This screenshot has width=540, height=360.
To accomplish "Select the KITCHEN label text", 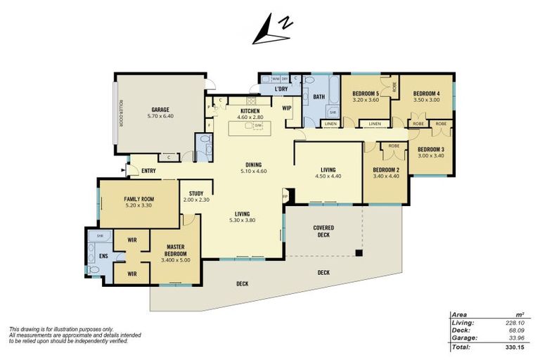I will [x=250, y=111].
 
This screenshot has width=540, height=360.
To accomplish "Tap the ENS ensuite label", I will [x=103, y=256].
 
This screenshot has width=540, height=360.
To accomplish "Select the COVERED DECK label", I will [x=323, y=231].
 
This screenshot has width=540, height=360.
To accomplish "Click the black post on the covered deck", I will [x=359, y=253].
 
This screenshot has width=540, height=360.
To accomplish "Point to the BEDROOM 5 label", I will [x=366, y=94].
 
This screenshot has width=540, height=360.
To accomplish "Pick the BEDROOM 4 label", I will [x=426, y=94].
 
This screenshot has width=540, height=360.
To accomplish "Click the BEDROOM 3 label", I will [x=431, y=149].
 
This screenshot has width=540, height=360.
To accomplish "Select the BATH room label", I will [x=319, y=97].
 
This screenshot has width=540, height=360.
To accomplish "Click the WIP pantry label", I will [x=287, y=108].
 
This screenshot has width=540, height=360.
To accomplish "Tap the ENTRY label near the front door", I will [x=148, y=171].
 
